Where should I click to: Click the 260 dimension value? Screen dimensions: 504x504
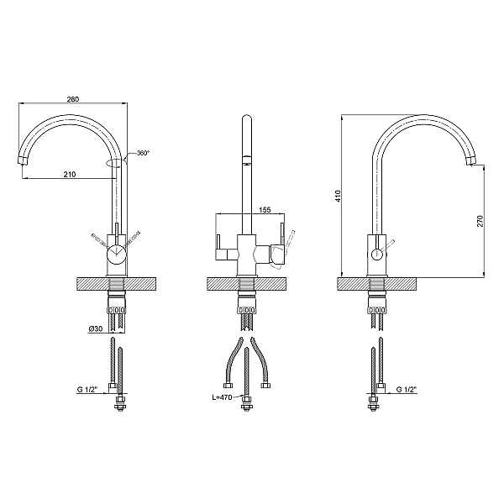(x=73, y=99)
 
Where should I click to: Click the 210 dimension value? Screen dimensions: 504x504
(x=70, y=174)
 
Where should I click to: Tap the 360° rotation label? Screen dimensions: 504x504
(x=144, y=154)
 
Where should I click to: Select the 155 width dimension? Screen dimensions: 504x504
(x=265, y=209)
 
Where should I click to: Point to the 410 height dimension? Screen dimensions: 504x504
(x=338, y=196)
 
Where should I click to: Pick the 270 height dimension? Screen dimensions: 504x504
(x=480, y=221)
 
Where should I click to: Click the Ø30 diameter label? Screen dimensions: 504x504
(x=96, y=328)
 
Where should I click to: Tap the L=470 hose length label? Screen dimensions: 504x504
(x=222, y=397)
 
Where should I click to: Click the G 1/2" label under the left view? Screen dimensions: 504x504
(x=87, y=390)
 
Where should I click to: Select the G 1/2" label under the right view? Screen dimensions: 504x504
(x=407, y=390)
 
